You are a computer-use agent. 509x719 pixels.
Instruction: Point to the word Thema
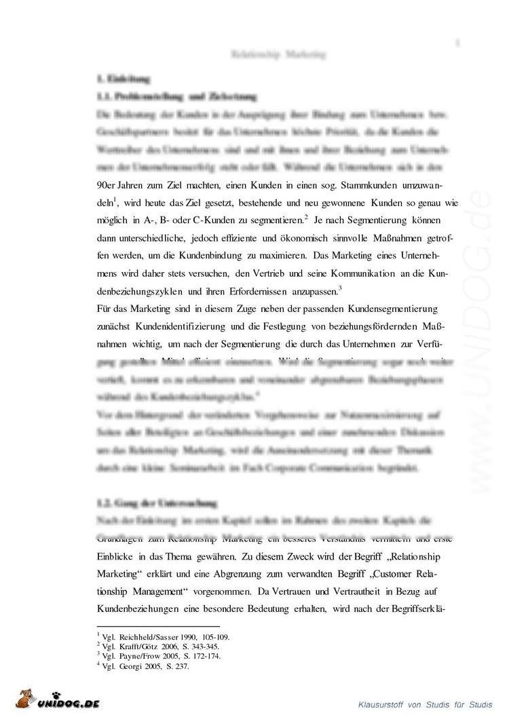coord(202,556)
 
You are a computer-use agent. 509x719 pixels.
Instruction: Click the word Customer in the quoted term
coord(393,574)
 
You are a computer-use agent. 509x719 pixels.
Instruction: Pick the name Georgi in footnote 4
coord(131,666)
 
